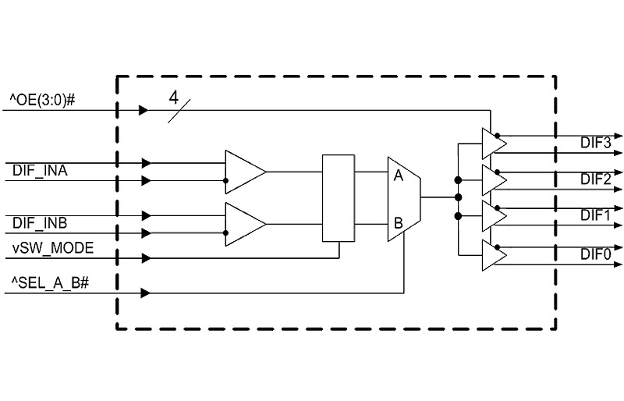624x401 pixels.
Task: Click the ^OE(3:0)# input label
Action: click(42, 100)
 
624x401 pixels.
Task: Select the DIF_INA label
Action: click(40, 170)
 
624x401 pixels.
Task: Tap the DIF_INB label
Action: click(40, 223)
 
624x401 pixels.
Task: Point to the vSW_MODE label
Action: click(53, 248)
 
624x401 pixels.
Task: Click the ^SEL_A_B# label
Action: click(50, 282)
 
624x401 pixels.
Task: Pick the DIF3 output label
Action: click(595, 143)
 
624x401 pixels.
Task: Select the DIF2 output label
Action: click(595, 179)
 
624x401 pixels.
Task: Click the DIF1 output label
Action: click(595, 215)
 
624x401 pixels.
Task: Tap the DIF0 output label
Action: click(595, 254)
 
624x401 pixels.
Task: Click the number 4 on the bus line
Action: click(173, 98)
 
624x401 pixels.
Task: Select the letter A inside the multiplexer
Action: click(398, 176)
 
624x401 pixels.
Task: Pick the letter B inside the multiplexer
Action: click(398, 223)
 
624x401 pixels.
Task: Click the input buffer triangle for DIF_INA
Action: click(245, 172)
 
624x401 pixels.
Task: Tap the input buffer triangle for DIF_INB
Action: click(245, 224)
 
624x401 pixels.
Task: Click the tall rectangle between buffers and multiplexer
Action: click(339, 198)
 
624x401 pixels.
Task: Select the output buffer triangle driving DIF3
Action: click(494, 144)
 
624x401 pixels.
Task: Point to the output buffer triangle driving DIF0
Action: click(494, 255)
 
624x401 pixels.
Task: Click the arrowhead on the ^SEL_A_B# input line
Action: click(146, 293)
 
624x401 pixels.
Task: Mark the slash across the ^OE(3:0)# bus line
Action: click(179, 111)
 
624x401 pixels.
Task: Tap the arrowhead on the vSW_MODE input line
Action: click(146, 258)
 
